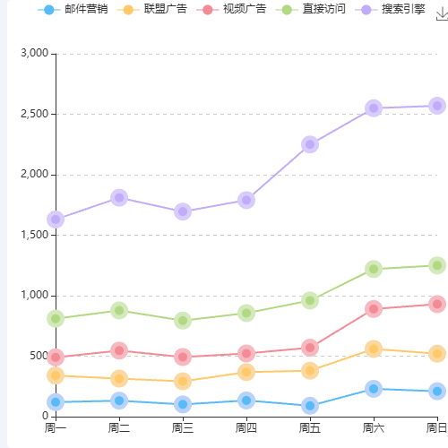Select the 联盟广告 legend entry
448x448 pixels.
click(x=164, y=9)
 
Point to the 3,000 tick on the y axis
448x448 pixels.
click(x=34, y=54)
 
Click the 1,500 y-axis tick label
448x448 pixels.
click(x=34, y=235)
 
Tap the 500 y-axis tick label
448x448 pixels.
click(x=38, y=356)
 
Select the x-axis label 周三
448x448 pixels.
click(x=183, y=427)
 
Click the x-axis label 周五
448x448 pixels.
click(x=310, y=427)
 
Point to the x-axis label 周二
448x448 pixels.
click(x=119, y=427)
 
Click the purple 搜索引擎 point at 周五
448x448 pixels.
click(x=310, y=144)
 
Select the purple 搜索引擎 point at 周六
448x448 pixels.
click(x=374, y=108)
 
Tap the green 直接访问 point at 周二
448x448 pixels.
click(x=119, y=310)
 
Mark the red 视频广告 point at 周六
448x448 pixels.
click(x=374, y=309)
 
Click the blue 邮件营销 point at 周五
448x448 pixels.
click(x=310, y=405)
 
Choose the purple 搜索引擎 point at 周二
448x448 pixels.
click(x=119, y=197)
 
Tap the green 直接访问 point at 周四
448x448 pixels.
click(x=246, y=313)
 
